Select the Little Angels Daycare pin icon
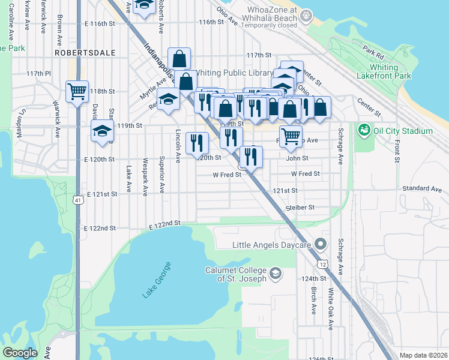coord(320,244)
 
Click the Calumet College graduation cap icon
coord(275,274)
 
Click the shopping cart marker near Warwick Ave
coord(77,92)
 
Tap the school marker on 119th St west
coord(102,131)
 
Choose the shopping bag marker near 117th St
coord(179,59)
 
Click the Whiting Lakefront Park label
coord(390,72)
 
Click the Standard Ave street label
coord(422,188)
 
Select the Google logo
coord(20,353)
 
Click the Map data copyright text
coord(423,355)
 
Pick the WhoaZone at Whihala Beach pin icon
coord(307,14)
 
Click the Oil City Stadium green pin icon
coord(363,130)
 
